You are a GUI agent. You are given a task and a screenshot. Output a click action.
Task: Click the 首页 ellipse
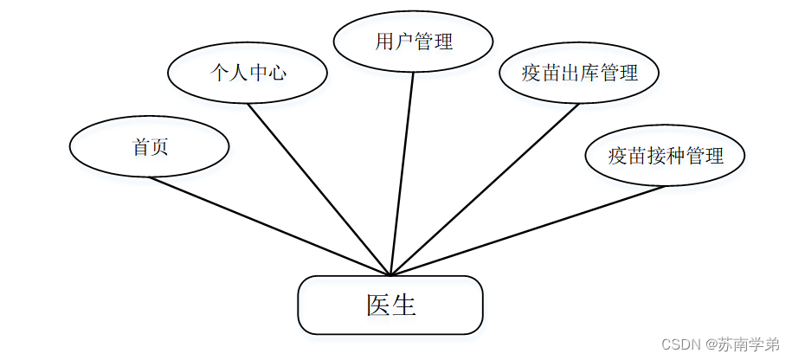click(149, 146)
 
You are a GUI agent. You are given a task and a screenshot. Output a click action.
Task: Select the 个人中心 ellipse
click(248, 73)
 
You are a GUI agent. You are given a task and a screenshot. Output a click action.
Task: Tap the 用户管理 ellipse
click(413, 42)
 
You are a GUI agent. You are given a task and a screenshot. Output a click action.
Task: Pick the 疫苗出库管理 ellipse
click(579, 74)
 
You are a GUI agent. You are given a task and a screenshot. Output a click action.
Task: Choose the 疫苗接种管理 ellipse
click(665, 156)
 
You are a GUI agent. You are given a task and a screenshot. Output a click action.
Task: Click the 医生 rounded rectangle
click(390, 305)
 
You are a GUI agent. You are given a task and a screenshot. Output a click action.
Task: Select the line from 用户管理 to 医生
click(402, 173)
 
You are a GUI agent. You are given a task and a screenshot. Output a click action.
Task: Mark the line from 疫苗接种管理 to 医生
click(528, 229)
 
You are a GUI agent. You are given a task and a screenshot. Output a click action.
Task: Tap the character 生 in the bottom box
click(403, 305)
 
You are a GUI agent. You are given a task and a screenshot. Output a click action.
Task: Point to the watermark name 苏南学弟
click(746, 344)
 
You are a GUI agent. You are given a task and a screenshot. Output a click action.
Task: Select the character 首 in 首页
click(140, 146)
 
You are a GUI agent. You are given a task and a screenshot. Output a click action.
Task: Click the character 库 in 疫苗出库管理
click(589, 74)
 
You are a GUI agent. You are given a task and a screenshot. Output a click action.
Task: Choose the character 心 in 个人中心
click(276, 73)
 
